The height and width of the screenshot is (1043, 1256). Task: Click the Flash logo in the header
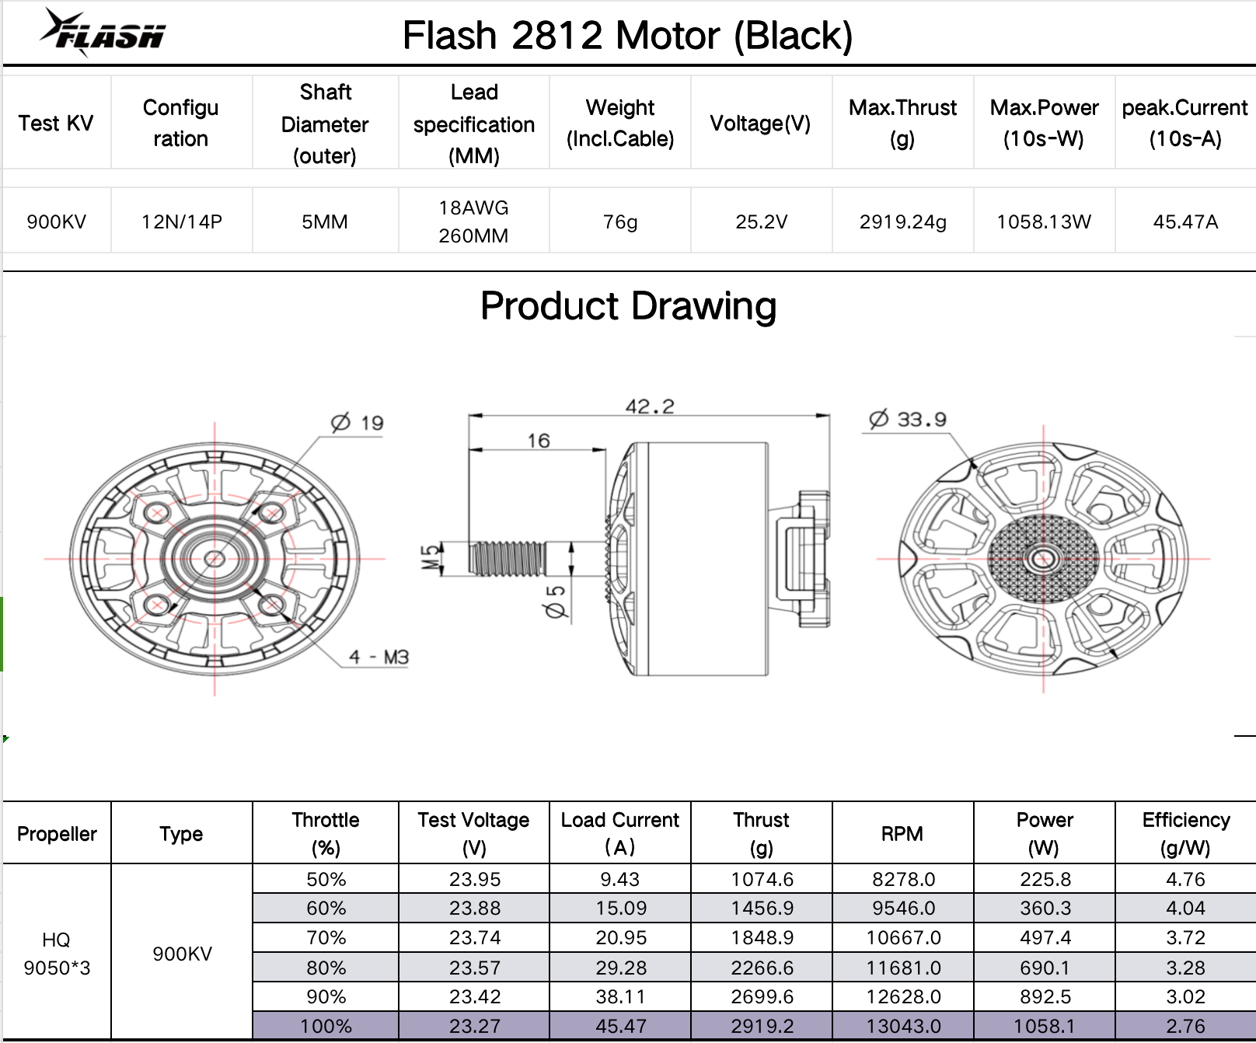pos(103,33)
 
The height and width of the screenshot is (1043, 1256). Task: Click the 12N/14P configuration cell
pos(182,222)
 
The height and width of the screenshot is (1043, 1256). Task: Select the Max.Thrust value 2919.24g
pos(902,222)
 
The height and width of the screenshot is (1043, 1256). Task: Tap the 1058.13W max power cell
pos(1044,222)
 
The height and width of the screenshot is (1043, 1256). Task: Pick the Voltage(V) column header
pos(760,123)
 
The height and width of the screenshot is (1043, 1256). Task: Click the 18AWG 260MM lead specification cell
pos(473,222)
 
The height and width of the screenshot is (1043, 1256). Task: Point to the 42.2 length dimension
pos(650,406)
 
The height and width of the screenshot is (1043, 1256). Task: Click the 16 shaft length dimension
pos(539,440)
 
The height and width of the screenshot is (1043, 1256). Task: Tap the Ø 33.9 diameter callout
pos(908,420)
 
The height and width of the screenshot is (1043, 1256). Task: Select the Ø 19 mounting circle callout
pos(358,423)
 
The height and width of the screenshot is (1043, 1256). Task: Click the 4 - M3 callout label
pos(379,657)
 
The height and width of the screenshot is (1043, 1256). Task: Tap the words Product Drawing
pos(628,305)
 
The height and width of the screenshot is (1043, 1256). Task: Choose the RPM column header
pos(902,833)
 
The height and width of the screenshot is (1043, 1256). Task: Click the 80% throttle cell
pos(326,968)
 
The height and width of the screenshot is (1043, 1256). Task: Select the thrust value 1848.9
pos(762,938)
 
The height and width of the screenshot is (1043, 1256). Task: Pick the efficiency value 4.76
pos(1185,879)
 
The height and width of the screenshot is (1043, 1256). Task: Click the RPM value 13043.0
pos(903,1026)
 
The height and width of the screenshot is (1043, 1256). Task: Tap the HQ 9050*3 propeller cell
pos(57,954)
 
